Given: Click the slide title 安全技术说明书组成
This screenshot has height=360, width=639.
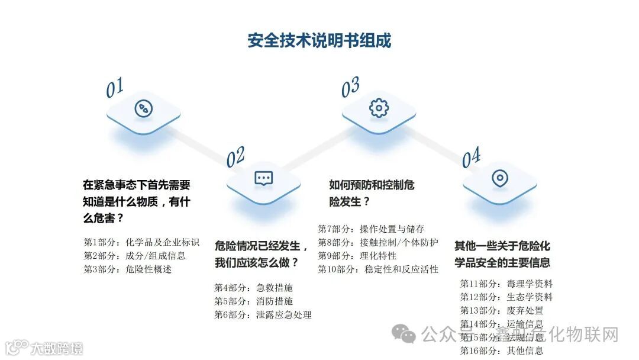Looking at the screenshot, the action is [319, 40].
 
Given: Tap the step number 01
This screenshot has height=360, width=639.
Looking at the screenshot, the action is [115, 88].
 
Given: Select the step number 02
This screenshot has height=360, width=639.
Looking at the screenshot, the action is [235, 157].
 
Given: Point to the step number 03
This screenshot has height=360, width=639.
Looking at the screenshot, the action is [350, 88].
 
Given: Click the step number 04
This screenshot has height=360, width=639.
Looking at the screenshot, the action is [471, 158].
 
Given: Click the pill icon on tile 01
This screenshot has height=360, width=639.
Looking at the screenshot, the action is [143, 109].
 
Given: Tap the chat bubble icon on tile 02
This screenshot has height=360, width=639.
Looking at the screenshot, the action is [263, 178].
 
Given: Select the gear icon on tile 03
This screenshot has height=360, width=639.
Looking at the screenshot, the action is [379, 108].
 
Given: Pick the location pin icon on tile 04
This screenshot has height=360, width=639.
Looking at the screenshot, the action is [499, 178].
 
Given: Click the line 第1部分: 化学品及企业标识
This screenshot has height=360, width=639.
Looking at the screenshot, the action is [141, 242].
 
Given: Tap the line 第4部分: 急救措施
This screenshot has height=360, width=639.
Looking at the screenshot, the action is [253, 288].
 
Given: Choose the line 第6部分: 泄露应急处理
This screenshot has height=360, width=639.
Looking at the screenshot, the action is [263, 315].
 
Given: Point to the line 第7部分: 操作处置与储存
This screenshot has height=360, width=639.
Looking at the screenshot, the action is [371, 229].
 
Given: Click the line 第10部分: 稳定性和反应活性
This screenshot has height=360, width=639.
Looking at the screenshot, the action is [378, 269].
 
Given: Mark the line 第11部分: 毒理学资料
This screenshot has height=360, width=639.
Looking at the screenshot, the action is [506, 284].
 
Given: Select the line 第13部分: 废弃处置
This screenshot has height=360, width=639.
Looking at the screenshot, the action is [501, 311].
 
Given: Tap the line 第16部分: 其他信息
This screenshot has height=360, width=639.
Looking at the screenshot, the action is [501, 351].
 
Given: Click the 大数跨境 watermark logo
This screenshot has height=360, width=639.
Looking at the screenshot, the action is [44, 348].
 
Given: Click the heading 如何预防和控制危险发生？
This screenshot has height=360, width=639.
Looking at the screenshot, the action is [372, 193].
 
